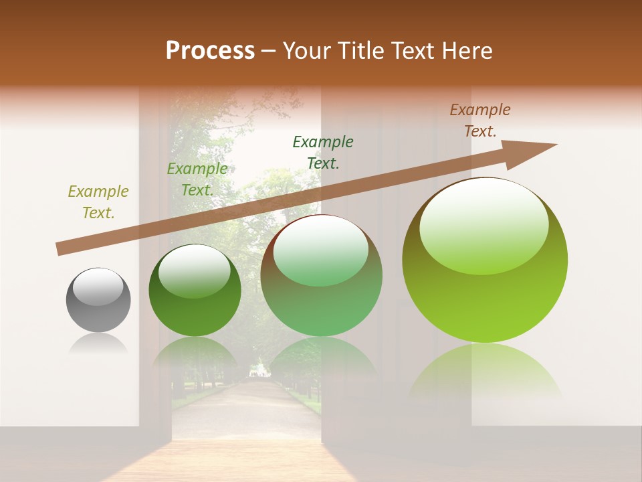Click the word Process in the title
click(210, 51)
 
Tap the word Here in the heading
click(464, 51)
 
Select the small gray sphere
click(98, 300)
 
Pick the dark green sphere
click(195, 291)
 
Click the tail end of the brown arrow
click(62, 248)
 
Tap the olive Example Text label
click(98, 202)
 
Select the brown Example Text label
click(479, 120)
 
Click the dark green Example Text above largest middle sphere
click(323, 152)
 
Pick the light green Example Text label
click(197, 179)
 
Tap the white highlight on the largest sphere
click(484, 227)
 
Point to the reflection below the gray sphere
click(98, 344)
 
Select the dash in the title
click(268, 51)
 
